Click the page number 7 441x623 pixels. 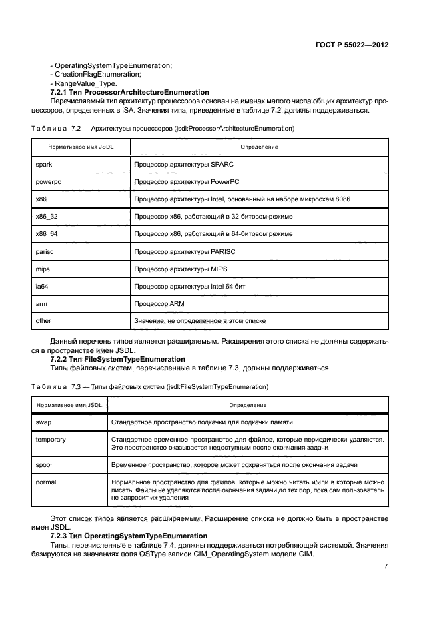[x=386, y=566]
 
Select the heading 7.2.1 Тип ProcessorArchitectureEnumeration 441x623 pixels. [x=130, y=92]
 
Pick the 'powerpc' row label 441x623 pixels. [x=47, y=181]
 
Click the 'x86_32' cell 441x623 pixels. [x=47, y=216]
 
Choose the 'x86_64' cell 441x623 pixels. [x=47, y=234]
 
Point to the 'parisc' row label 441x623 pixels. [x=45, y=251]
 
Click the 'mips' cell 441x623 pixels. [x=43, y=269]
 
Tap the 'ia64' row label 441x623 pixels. [x=42, y=286]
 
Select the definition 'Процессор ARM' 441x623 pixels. [x=159, y=303]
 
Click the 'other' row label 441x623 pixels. [x=43, y=320]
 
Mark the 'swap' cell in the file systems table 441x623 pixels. [x=43, y=422]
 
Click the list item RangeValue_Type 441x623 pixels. [x=83, y=83]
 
